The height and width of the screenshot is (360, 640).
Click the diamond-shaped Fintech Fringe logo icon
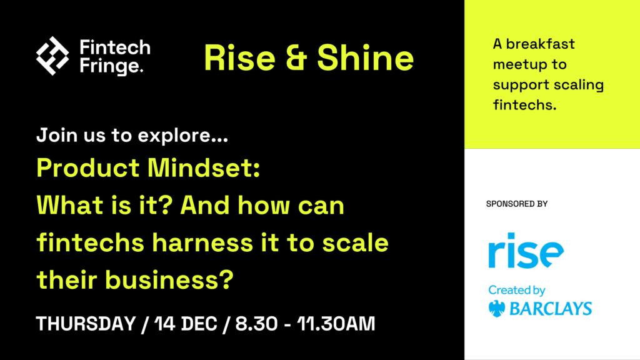point(52,56)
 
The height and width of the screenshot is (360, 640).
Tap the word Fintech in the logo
point(115,47)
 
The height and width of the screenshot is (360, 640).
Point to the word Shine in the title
point(365,57)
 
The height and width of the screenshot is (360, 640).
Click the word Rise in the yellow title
point(239,58)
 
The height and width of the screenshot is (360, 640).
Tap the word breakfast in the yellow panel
point(541,44)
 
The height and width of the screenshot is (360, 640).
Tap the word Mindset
point(204,167)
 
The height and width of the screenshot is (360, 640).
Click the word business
point(169,280)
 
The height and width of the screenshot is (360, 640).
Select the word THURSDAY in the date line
point(86,324)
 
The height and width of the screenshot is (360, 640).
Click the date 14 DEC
point(186,324)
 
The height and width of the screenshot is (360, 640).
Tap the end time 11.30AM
point(336,324)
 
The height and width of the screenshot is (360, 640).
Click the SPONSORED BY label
point(517,204)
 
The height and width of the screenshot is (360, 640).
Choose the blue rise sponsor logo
point(526,250)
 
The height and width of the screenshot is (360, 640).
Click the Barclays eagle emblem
point(497,309)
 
